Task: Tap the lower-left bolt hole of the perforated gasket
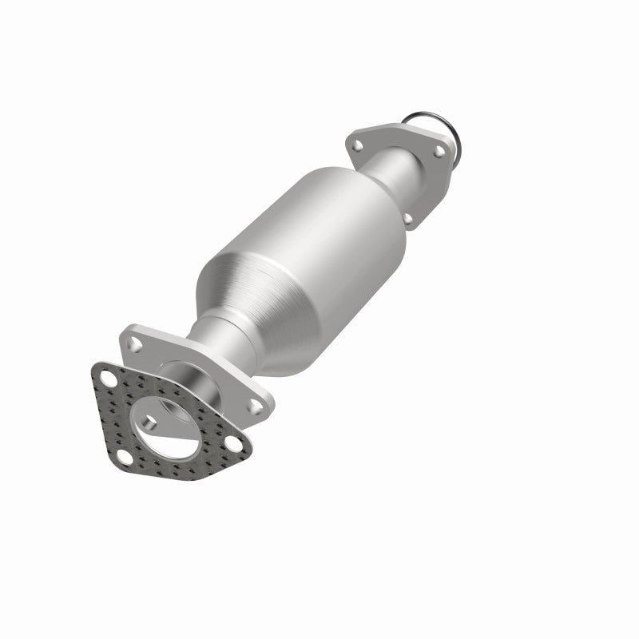125,458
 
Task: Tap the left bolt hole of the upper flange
358,147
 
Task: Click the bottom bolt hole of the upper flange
408,218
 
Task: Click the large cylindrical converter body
319,240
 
